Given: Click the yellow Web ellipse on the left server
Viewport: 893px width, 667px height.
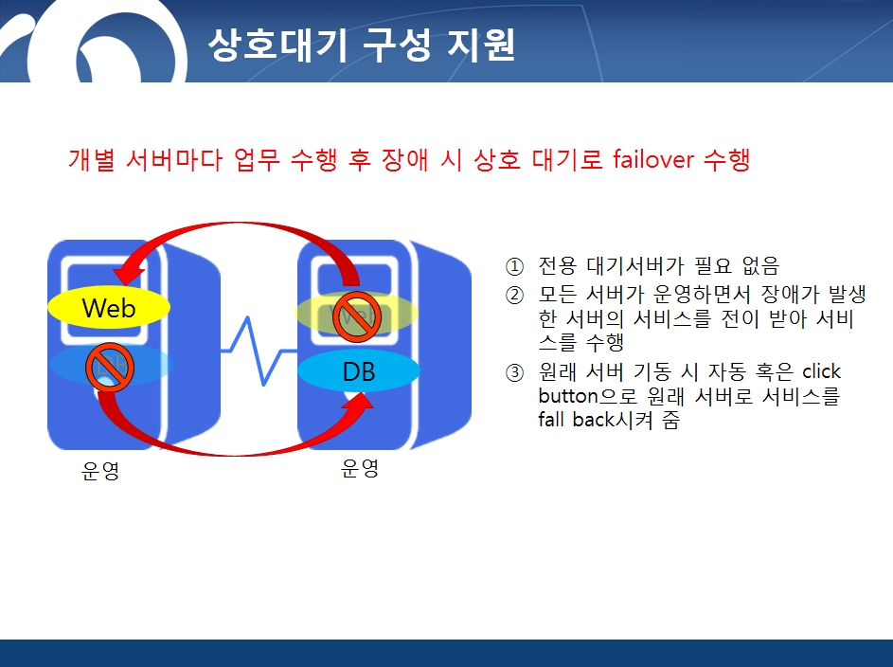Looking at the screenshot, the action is tap(109, 307).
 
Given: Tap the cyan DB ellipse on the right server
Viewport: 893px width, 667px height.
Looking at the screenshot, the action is tap(359, 370).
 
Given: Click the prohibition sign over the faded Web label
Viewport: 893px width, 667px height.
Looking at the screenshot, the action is tap(357, 316).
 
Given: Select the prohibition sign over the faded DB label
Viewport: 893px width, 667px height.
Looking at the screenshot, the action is tap(110, 368).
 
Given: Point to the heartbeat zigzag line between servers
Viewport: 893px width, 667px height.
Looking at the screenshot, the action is tap(259, 351).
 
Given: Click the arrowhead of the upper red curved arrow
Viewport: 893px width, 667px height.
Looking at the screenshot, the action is tap(131, 271).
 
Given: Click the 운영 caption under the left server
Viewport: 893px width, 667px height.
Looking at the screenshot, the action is tap(100, 471).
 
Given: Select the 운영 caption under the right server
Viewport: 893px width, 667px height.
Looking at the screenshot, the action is tap(359, 468).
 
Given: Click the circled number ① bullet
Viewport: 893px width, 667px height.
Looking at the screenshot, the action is tap(514, 266).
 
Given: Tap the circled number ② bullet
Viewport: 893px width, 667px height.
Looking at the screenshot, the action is tap(514, 295).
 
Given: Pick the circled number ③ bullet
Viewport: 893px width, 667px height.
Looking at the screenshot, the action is tap(514, 373).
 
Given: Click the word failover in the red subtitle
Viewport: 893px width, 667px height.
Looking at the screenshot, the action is tap(653, 159).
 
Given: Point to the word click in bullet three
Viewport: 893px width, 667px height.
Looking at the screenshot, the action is tap(821, 371).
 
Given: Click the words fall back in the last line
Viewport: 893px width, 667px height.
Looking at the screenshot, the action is tap(577, 419).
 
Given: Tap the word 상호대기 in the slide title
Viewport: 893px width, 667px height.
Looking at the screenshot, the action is tap(277, 44).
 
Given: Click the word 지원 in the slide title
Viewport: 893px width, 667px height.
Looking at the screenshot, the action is tap(481, 44).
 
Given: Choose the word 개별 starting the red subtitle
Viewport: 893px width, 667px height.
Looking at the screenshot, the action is tap(92, 159).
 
